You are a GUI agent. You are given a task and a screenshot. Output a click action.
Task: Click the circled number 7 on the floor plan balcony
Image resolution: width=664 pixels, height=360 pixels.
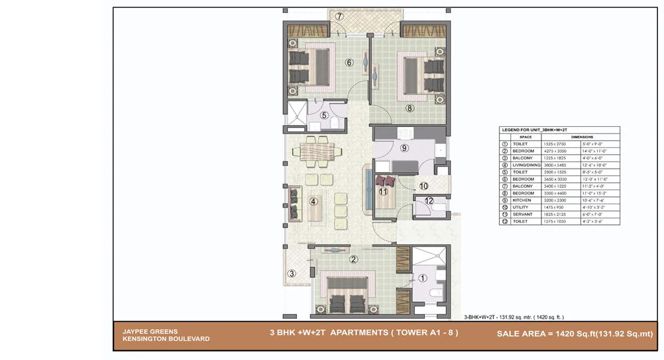click(x=340, y=16)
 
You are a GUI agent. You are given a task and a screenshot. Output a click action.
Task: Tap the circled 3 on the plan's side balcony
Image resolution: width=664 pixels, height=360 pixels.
click(x=292, y=274)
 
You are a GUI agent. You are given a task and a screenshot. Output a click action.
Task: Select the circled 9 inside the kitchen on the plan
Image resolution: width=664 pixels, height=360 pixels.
click(x=404, y=147)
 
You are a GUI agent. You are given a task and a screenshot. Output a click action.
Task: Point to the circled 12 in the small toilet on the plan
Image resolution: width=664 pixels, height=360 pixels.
click(x=429, y=201)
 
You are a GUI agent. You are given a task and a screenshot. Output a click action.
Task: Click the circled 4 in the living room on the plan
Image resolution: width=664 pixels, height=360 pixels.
click(x=313, y=202)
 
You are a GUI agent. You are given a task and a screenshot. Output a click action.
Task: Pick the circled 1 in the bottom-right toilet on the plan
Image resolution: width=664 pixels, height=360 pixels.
click(x=422, y=278)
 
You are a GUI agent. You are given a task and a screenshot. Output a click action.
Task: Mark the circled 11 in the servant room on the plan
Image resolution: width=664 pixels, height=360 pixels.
click(x=382, y=191)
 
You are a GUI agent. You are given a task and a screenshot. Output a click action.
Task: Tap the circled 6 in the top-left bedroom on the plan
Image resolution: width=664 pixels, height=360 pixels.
click(x=348, y=62)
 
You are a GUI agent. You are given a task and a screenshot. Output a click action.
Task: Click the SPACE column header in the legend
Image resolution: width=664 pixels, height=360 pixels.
click(x=526, y=137)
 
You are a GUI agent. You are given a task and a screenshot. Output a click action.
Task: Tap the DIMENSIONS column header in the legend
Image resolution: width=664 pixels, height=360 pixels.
click(x=582, y=137)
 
